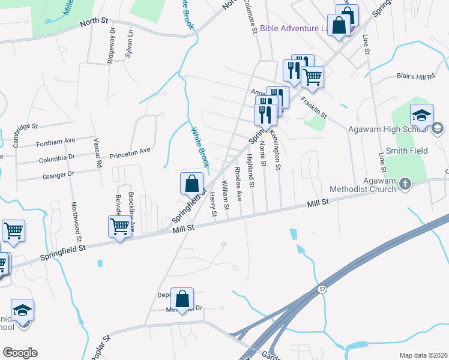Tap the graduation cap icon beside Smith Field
tap(422, 115)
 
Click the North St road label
tap(94, 22)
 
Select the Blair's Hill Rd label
tap(415, 76)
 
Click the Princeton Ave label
tap(130, 153)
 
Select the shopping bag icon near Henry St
tap(191, 184)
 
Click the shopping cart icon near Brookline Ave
tap(119, 227)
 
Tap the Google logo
tap(20, 353)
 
